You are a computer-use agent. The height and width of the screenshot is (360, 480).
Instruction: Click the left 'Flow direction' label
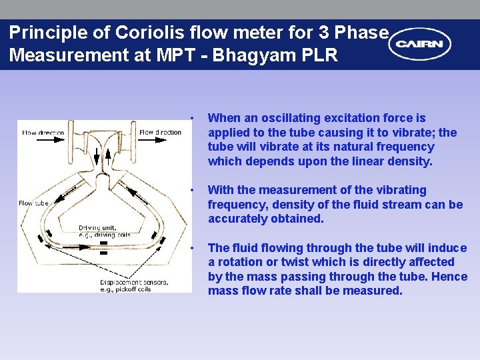(x=43, y=133)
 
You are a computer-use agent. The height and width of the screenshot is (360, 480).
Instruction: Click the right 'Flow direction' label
(x=160, y=132)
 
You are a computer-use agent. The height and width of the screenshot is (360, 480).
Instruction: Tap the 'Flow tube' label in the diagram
(x=34, y=203)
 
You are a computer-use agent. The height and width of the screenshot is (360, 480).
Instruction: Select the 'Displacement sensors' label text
(x=134, y=282)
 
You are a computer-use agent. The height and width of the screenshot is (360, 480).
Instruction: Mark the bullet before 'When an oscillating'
(x=192, y=119)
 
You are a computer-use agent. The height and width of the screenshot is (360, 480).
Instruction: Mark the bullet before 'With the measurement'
(x=192, y=191)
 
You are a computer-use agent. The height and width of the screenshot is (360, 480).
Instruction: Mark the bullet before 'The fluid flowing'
(x=192, y=249)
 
